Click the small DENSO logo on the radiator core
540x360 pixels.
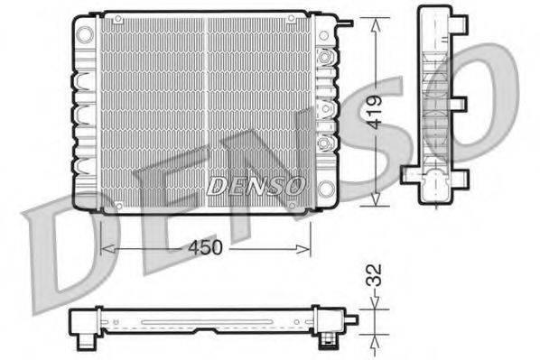pyautogui.click(x=255, y=187)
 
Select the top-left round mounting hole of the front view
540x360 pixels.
pyautogui.click(x=85, y=34)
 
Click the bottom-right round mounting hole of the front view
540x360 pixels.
pyautogui.click(x=326, y=189)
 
